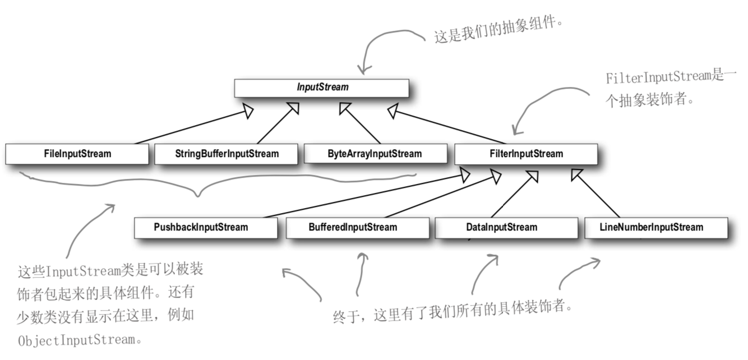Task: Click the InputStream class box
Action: click(x=322, y=87)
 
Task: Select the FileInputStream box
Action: click(x=77, y=154)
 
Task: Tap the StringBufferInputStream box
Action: click(x=227, y=154)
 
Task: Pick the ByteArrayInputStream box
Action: click(x=375, y=154)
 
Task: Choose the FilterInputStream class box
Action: click(x=525, y=154)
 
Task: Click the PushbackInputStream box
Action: click(x=206, y=228)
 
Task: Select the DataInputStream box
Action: click(x=506, y=228)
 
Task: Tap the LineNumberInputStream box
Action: click(x=656, y=228)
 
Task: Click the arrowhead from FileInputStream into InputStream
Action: click(x=247, y=112)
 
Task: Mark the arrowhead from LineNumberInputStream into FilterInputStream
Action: click(x=577, y=175)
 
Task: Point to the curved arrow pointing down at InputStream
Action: click(x=381, y=45)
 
